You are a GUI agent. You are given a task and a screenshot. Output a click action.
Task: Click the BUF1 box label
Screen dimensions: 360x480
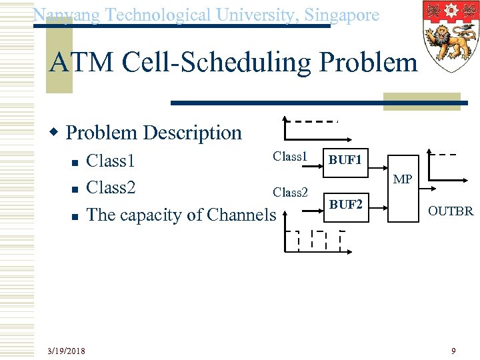(345, 161)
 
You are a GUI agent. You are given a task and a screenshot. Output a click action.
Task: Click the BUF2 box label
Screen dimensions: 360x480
(346, 205)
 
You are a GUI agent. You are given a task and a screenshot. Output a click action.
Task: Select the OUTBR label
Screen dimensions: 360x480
(451, 211)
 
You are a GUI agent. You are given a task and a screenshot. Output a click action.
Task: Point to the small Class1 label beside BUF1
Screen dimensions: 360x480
(289, 157)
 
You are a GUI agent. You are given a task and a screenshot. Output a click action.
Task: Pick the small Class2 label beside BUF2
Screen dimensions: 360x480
(290, 192)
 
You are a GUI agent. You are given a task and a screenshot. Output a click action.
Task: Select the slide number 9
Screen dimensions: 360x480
(453, 351)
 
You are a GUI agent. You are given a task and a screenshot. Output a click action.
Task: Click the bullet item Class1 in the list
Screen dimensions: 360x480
(111, 161)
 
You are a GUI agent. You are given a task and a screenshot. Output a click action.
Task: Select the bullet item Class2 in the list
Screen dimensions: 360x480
(111, 187)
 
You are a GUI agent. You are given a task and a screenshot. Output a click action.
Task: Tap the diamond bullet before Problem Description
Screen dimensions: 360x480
(57, 133)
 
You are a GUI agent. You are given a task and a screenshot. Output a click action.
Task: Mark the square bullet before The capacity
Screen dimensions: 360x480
(75, 216)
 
